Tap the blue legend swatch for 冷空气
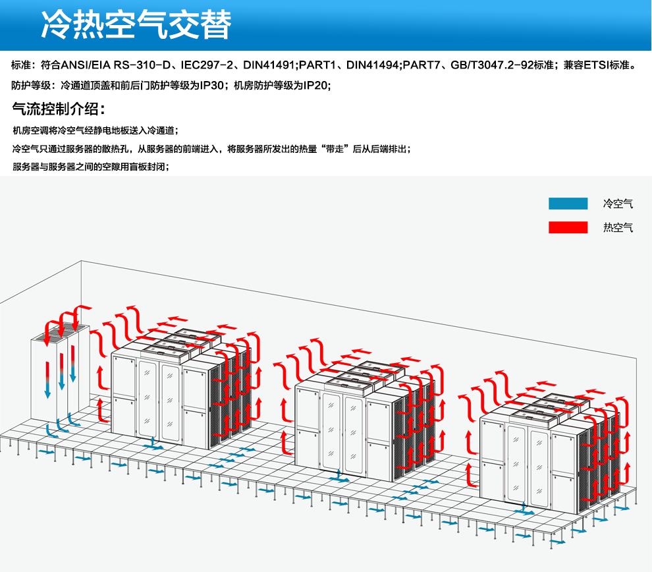pyautogui.click(x=568, y=204)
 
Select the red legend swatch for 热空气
pyautogui.click(x=568, y=227)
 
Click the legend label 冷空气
pyautogui.click(x=618, y=204)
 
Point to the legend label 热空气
pyautogui.click(x=618, y=228)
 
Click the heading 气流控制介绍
pyautogui.click(x=59, y=108)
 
